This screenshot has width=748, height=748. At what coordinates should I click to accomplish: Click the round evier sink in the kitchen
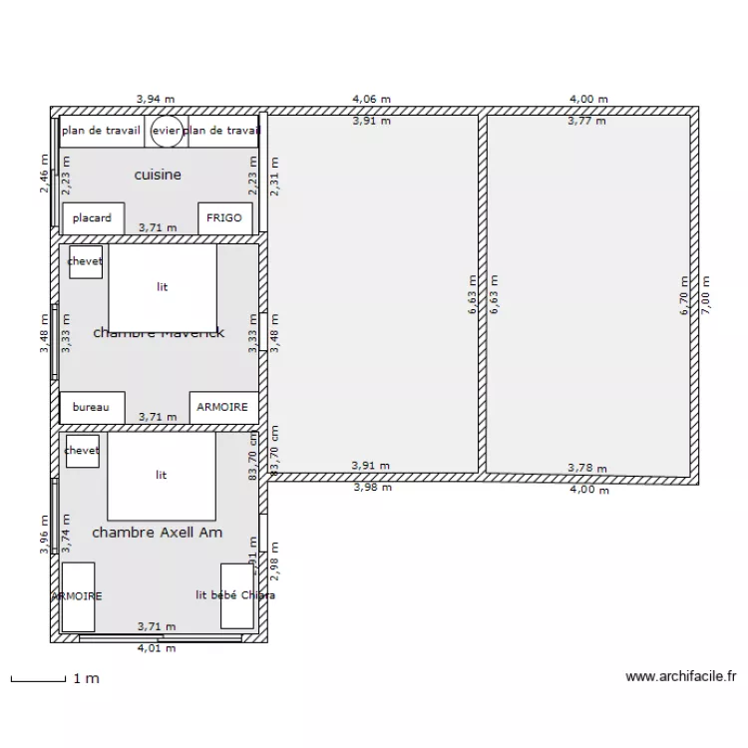[x=167, y=131]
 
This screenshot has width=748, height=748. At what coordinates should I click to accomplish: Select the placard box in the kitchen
[x=93, y=218]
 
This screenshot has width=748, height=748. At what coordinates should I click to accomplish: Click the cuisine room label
[x=158, y=175]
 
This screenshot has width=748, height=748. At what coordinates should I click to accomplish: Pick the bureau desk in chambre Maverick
[x=92, y=407]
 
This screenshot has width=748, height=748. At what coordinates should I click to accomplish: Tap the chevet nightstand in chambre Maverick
[x=85, y=261]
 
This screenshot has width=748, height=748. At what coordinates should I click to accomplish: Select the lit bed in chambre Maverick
[x=163, y=286]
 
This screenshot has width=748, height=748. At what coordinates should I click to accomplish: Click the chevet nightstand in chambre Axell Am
[x=82, y=451]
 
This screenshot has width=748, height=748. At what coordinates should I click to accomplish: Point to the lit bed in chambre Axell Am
[x=162, y=476]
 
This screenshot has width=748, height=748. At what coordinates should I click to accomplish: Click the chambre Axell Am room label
[x=157, y=533]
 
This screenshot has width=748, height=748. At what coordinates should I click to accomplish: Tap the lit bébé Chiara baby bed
[x=235, y=595]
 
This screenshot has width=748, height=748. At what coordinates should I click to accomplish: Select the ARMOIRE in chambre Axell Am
[x=78, y=595]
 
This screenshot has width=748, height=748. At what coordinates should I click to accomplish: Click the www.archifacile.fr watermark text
[x=681, y=676]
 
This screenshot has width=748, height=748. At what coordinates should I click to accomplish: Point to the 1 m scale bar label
[x=86, y=679]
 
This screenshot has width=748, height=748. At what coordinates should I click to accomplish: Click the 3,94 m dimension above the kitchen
[x=156, y=99]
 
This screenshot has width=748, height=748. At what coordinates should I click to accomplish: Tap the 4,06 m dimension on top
[x=371, y=99]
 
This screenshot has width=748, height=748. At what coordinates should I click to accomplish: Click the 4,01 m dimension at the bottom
[x=157, y=647]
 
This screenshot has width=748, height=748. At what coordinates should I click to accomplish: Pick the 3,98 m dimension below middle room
[x=372, y=487]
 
